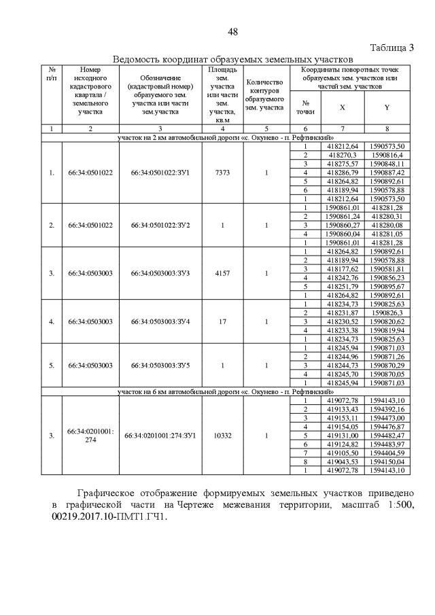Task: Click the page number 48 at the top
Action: pos(232,32)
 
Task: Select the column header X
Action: pos(342,107)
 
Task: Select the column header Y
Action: pos(387,107)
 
